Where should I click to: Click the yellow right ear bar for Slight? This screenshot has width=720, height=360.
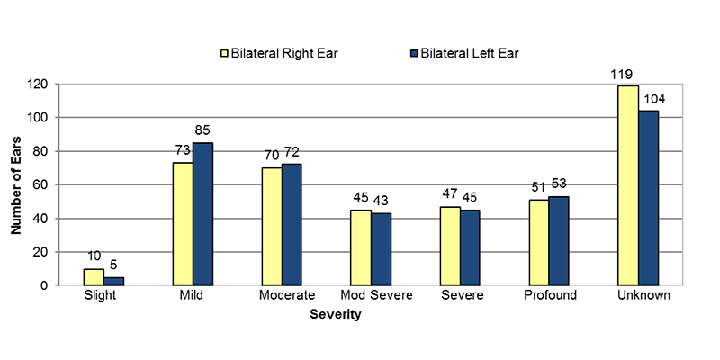point(94,277)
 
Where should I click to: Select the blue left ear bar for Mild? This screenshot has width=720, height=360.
point(203,214)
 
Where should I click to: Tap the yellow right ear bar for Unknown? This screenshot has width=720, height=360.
point(628,185)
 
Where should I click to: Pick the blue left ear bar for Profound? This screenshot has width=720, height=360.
point(559,240)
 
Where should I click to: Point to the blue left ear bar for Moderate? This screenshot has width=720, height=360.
point(292,224)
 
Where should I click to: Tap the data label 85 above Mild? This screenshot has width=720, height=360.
point(202,131)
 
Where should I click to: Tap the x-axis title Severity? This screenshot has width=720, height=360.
point(335,316)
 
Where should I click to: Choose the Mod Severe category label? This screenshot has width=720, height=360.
point(371,296)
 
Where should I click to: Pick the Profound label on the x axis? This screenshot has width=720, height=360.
point(549,296)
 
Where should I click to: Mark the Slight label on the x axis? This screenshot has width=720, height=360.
point(103,296)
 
